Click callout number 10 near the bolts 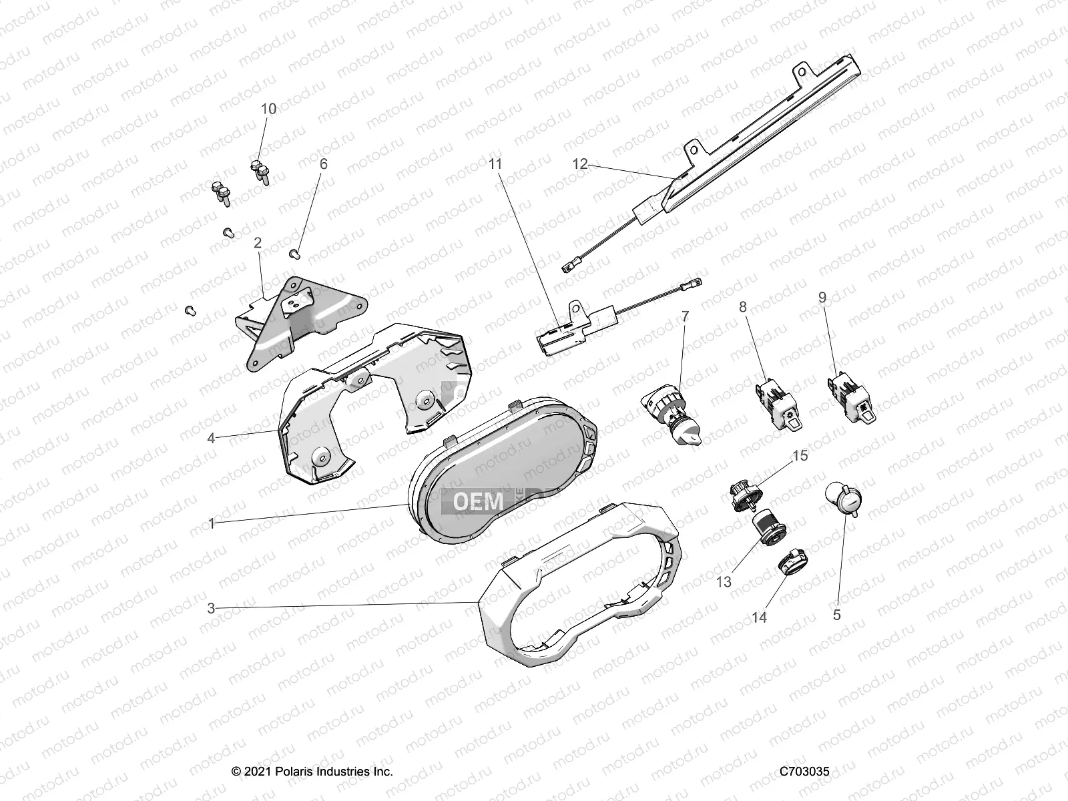[x=268, y=109]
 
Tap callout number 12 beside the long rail [x=580, y=164]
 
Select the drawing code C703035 [x=804, y=771]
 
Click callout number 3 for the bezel [x=211, y=608]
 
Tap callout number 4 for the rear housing [x=211, y=439]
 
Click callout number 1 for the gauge [x=211, y=524]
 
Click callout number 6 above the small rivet [x=324, y=164]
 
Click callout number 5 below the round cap [x=837, y=615]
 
